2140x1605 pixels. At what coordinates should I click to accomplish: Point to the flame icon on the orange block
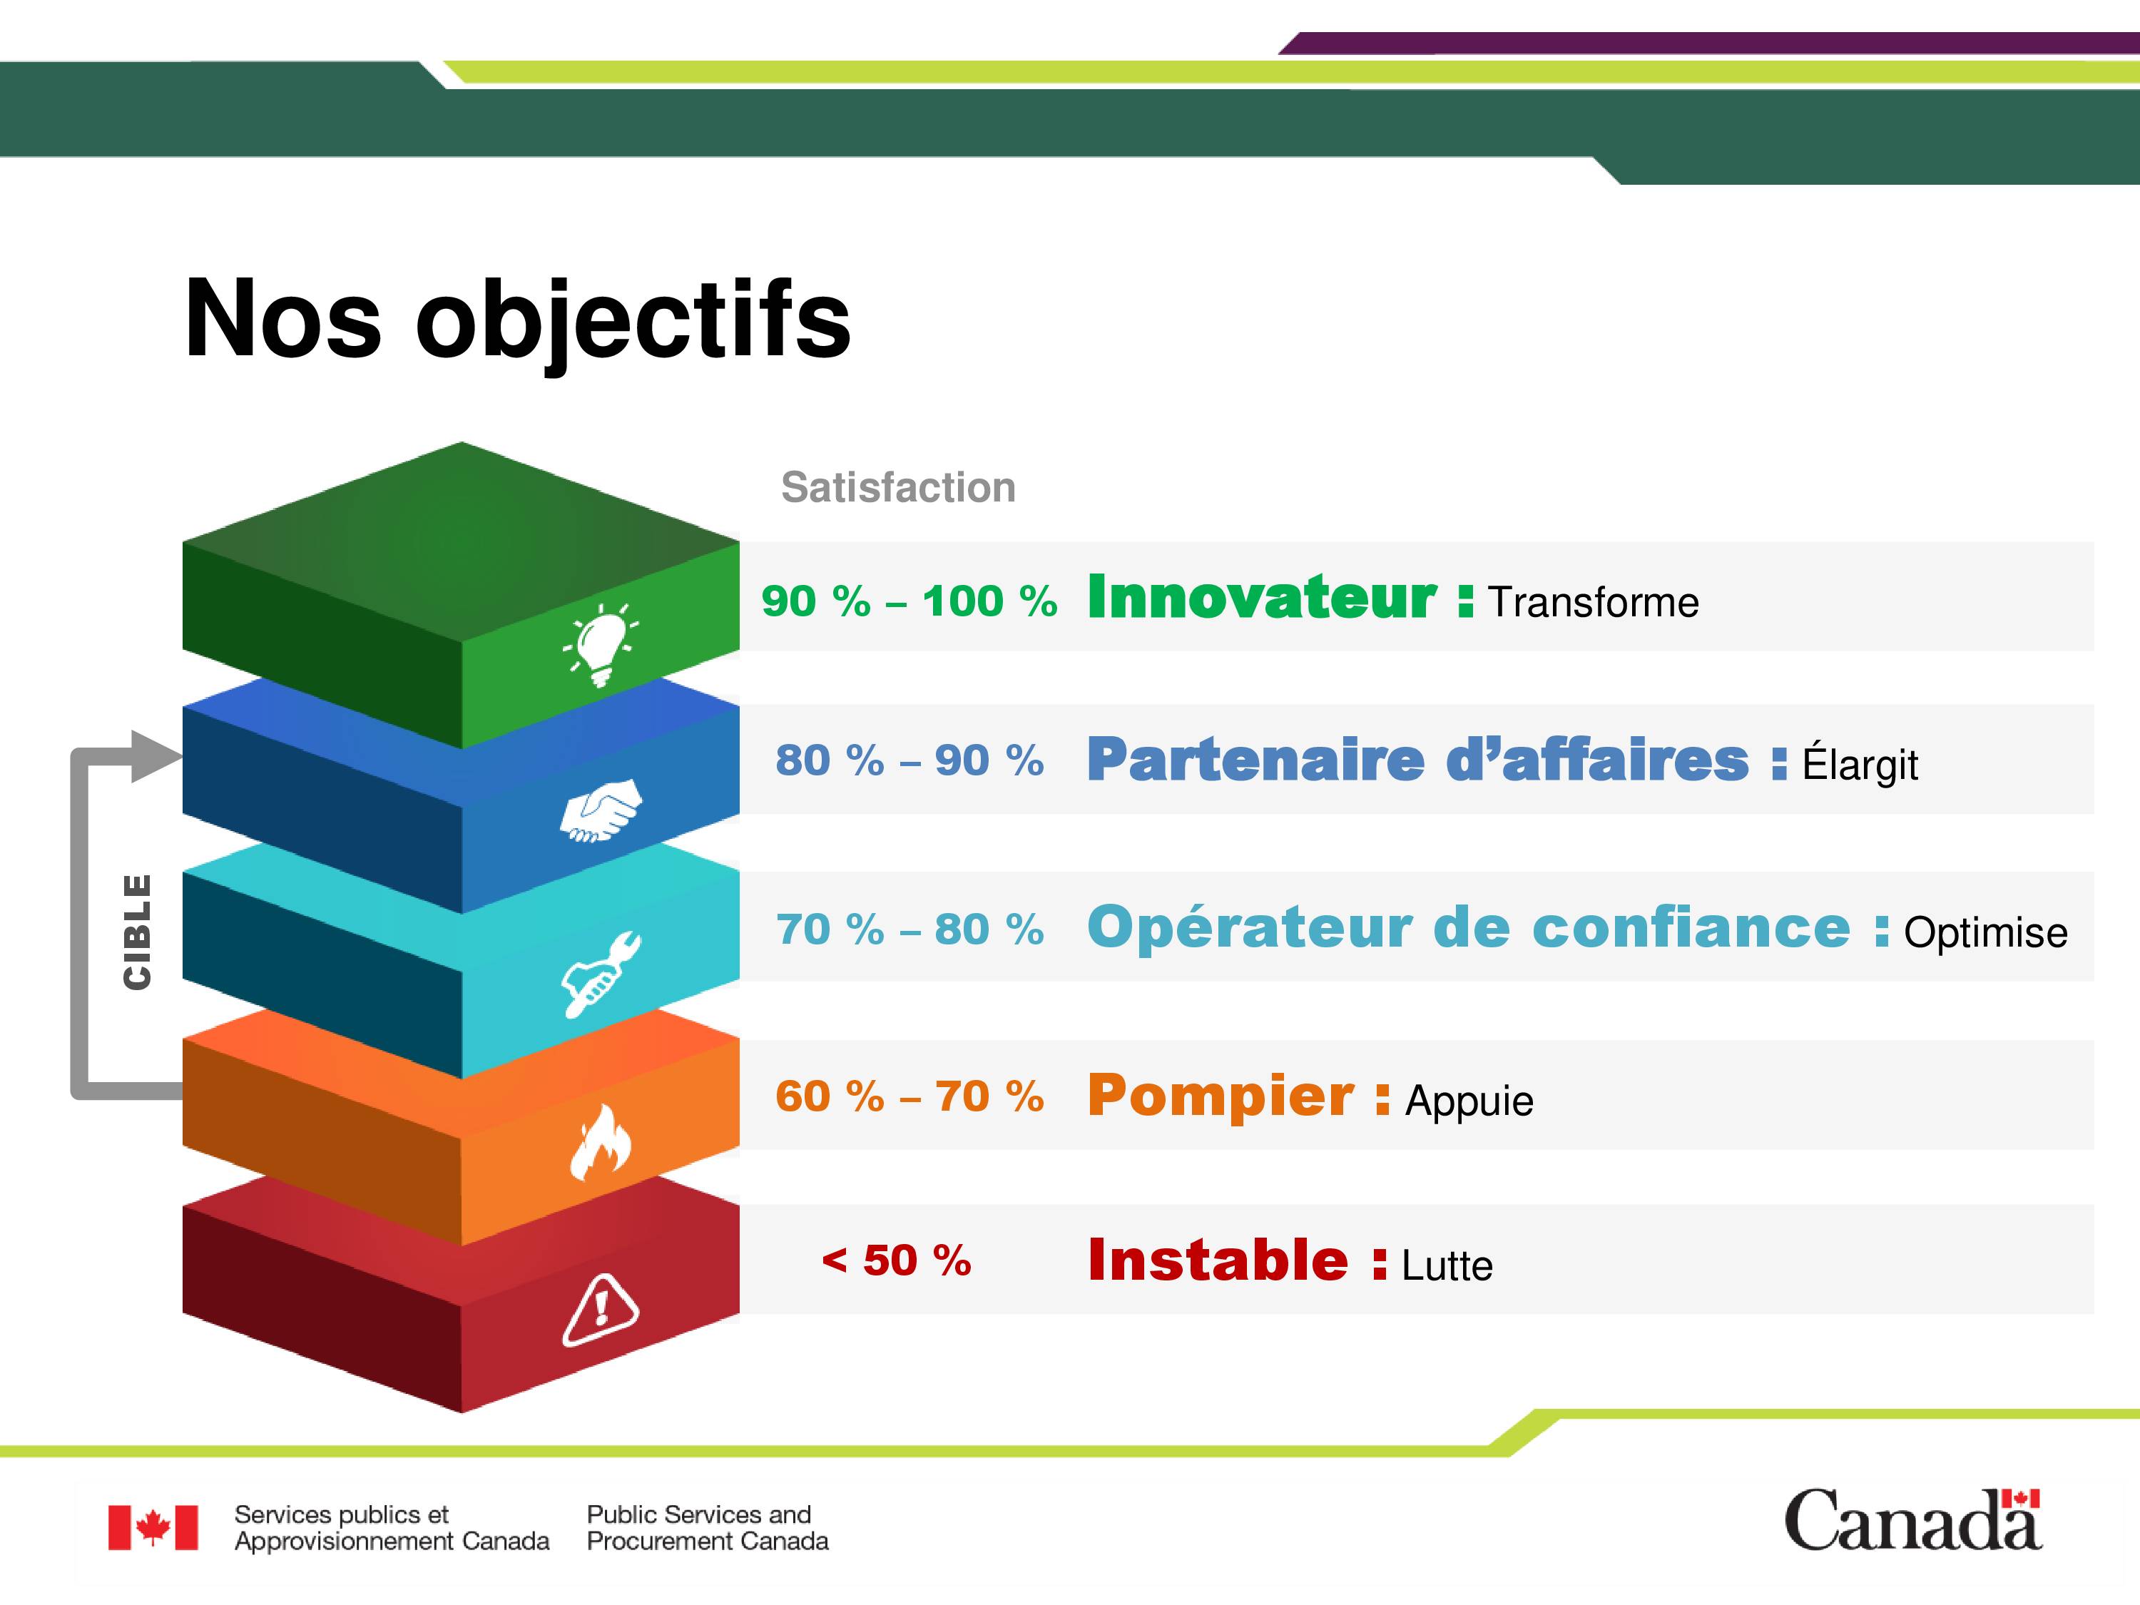click(x=600, y=1143)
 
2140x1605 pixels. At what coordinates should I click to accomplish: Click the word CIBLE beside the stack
click(x=138, y=932)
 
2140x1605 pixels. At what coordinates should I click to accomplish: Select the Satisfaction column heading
click(x=898, y=488)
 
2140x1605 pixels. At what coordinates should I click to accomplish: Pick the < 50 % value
click(x=896, y=1260)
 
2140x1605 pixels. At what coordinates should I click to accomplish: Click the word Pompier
click(x=1221, y=1096)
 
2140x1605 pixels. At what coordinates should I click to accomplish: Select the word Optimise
click(x=1986, y=932)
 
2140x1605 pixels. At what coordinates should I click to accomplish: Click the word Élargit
click(x=1860, y=763)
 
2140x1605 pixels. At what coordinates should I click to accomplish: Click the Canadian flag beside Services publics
click(x=153, y=1528)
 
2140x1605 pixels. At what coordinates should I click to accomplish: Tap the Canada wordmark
click(x=1912, y=1520)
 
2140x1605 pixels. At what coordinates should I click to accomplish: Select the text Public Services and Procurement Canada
click(x=707, y=1528)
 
